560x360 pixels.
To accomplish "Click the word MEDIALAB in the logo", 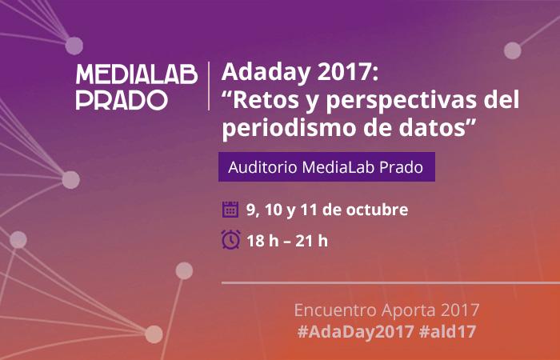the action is [x=137, y=74].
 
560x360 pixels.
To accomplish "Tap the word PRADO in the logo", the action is [x=122, y=100].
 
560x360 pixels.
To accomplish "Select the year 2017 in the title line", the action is [x=347, y=72].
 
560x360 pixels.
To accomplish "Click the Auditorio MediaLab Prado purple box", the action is [x=326, y=166].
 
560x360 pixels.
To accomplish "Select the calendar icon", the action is [x=230, y=210].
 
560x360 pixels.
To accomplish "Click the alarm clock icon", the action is [x=230, y=240].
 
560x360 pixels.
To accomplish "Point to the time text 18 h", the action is [x=262, y=241].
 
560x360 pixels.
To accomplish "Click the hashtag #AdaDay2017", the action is [x=355, y=331].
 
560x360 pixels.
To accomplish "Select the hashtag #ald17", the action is [x=447, y=331].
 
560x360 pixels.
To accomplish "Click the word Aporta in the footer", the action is [x=403, y=310].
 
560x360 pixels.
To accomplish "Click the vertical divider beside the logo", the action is [x=209, y=86].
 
